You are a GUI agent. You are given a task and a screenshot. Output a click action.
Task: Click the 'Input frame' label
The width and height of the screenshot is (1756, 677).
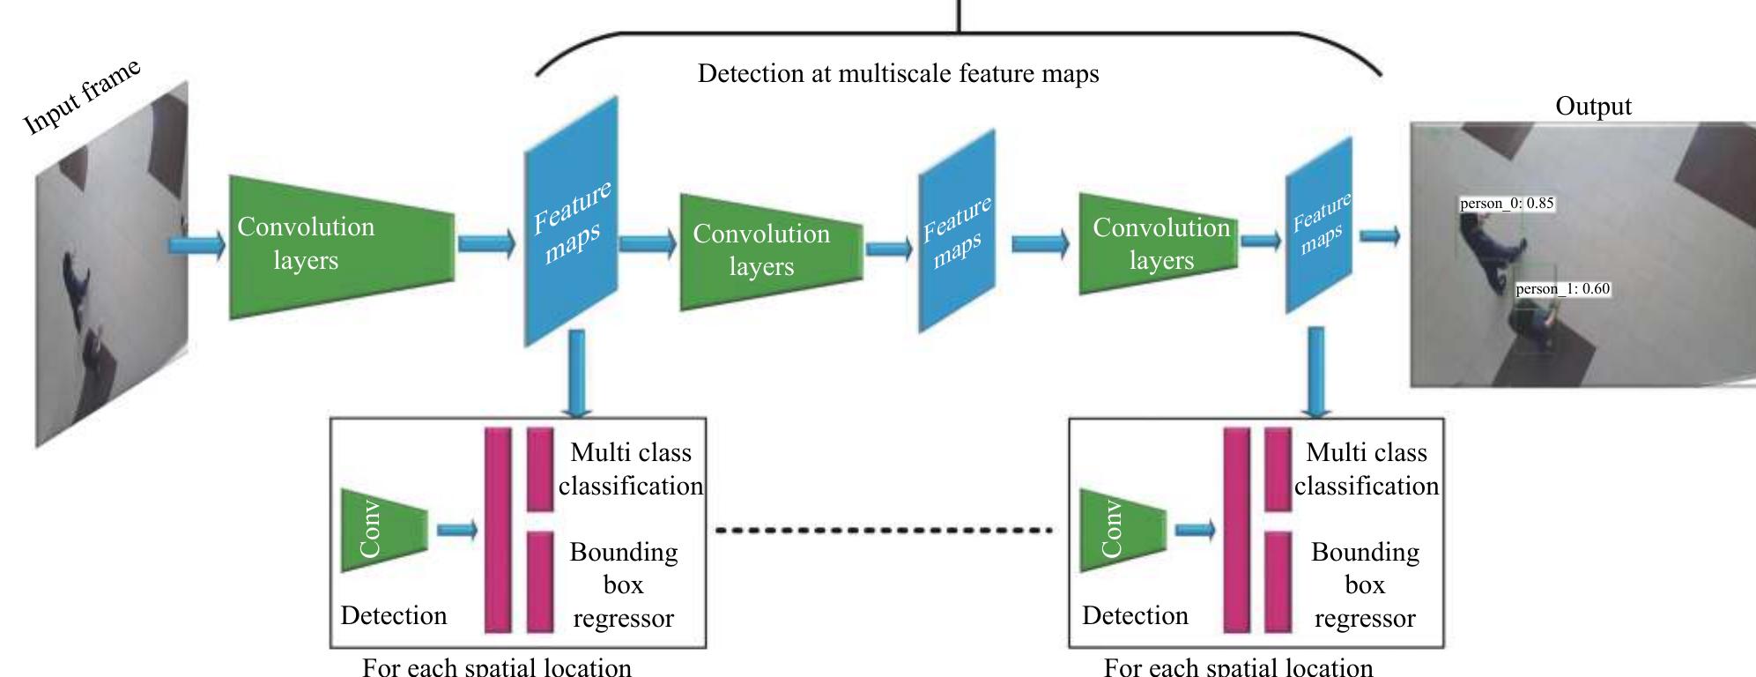(81, 99)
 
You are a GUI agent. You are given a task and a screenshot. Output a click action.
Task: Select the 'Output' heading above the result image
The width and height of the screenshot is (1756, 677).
(1593, 107)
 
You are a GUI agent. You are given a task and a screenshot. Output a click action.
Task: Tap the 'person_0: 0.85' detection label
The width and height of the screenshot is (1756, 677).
(1507, 204)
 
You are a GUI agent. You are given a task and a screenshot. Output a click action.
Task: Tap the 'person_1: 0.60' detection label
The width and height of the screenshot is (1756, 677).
(1562, 289)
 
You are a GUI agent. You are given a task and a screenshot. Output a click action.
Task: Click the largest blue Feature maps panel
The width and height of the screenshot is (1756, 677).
(571, 222)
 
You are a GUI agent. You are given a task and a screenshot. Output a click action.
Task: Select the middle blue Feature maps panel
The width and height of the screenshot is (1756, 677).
(957, 232)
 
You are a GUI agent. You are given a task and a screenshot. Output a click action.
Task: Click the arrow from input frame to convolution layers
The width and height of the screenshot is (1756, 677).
(196, 244)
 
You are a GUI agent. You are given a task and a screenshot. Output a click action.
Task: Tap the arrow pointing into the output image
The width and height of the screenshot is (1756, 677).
(1380, 235)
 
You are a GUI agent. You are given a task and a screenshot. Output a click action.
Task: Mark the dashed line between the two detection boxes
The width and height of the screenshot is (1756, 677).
(884, 531)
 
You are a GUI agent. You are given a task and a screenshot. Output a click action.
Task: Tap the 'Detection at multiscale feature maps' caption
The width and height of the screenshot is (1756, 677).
(898, 74)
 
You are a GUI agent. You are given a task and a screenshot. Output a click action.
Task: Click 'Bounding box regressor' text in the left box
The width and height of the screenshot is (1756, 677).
(624, 585)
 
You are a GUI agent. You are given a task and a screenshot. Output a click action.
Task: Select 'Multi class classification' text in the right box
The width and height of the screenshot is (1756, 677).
(1366, 469)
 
